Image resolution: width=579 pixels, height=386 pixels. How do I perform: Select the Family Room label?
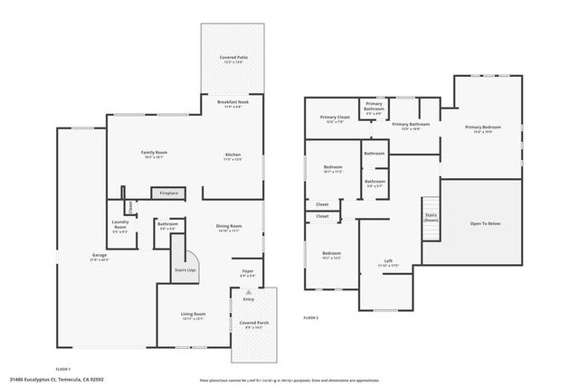pyautogui.click(x=154, y=154)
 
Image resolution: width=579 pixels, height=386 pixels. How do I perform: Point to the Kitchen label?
pyautogui.click(x=233, y=156)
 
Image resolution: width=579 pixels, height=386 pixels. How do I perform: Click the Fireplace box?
pyautogui.click(x=168, y=193)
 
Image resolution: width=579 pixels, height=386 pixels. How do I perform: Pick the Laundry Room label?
pyautogui.click(x=120, y=223)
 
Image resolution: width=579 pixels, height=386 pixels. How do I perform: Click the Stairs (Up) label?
pyautogui.click(x=186, y=270)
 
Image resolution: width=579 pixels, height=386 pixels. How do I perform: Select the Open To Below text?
pyautogui.click(x=484, y=223)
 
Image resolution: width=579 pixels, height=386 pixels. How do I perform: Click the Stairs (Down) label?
pyautogui.click(x=431, y=219)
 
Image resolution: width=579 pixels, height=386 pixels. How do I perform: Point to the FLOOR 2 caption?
pyautogui.click(x=311, y=318)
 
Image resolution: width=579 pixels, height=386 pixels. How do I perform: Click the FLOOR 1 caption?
pyautogui.click(x=62, y=370)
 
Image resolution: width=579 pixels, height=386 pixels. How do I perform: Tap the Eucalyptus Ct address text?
pyautogui.click(x=56, y=380)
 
